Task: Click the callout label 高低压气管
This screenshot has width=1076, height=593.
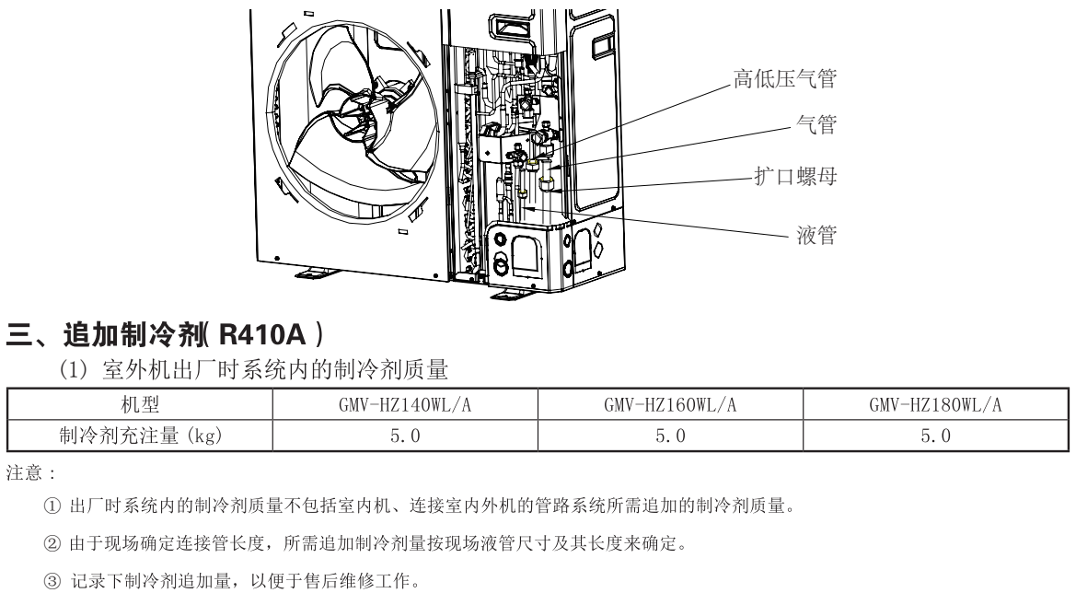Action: point(783,81)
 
